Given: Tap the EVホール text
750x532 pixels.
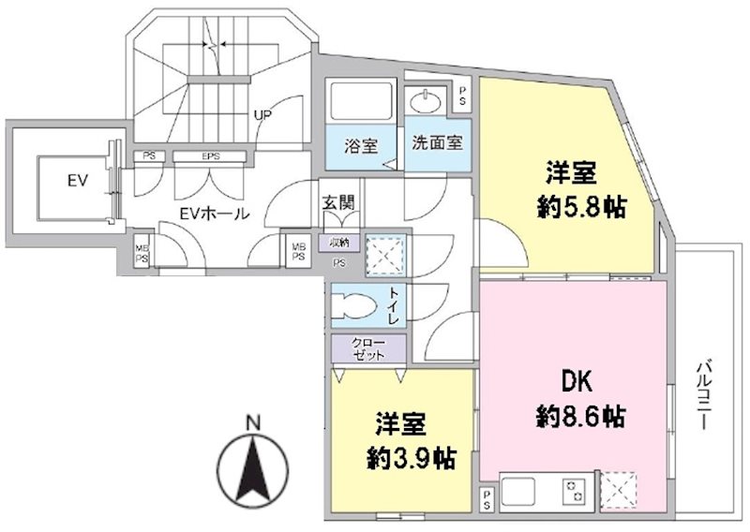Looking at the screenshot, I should coord(215,213).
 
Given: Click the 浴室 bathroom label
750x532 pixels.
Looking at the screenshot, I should coord(361,146).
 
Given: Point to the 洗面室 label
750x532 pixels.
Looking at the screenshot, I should coord(437,145).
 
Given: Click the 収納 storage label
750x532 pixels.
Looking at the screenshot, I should coord(337,243).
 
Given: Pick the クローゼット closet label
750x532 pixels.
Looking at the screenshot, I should coord(367,347).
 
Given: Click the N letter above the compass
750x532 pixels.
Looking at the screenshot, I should coord(251,422).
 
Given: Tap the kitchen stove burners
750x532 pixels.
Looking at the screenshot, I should coord(571,491).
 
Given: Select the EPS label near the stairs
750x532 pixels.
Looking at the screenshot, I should coord(210,156).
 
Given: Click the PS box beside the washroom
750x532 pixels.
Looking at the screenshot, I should coord(463,95).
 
